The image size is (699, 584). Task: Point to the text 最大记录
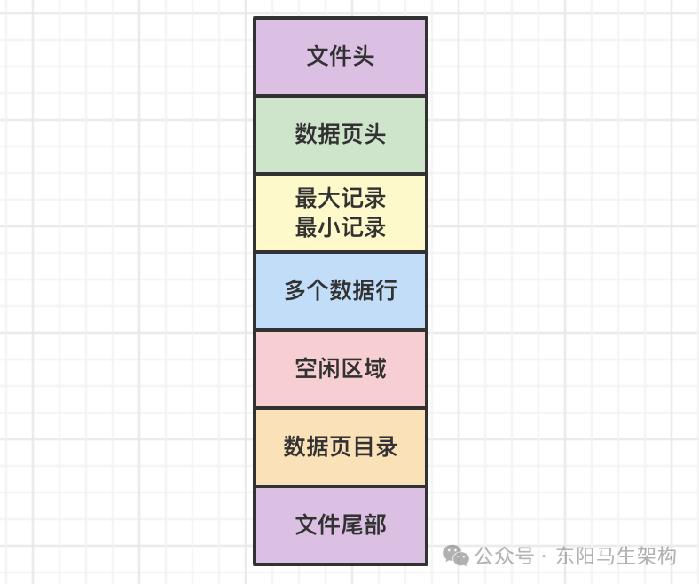click(341, 198)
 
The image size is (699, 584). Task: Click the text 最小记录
click(341, 227)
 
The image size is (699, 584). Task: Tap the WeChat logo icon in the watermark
click(457, 556)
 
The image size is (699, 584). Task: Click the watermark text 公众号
click(505, 556)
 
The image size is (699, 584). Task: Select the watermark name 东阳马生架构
click(617, 556)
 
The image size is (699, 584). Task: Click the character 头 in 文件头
click(363, 57)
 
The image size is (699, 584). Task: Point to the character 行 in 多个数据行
click(386, 291)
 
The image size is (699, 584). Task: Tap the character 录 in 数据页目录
click(386, 446)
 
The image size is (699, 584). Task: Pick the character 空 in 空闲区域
click(306, 368)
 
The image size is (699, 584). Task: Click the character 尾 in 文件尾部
click(352, 525)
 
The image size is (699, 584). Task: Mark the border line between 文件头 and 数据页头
click(340, 96)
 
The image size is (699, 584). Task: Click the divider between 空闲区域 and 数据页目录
click(340, 408)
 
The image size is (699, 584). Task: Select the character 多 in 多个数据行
click(295, 291)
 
